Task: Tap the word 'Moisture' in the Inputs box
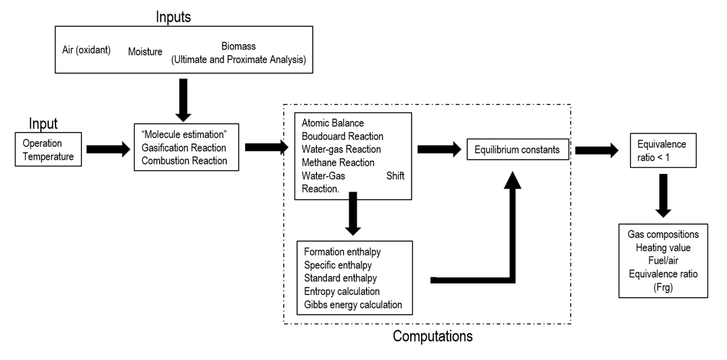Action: click(x=145, y=51)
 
